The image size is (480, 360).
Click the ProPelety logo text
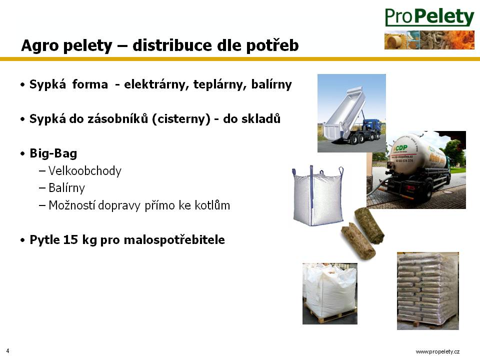click(x=429, y=17)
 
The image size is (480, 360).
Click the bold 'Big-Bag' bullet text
click(x=53, y=153)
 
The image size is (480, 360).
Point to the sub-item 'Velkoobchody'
click(x=85, y=171)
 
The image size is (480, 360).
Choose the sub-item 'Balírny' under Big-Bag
click(x=66, y=188)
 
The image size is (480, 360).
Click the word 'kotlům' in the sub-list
click(x=212, y=205)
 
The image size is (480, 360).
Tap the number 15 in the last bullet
click(x=70, y=239)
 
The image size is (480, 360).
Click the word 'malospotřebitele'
click(x=174, y=239)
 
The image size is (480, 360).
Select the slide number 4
click(x=7, y=351)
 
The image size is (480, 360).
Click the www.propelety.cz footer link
click(x=437, y=351)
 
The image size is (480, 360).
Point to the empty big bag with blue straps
click(x=318, y=196)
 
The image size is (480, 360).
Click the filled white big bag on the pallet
click(x=330, y=293)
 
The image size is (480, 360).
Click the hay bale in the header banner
click(x=394, y=41)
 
